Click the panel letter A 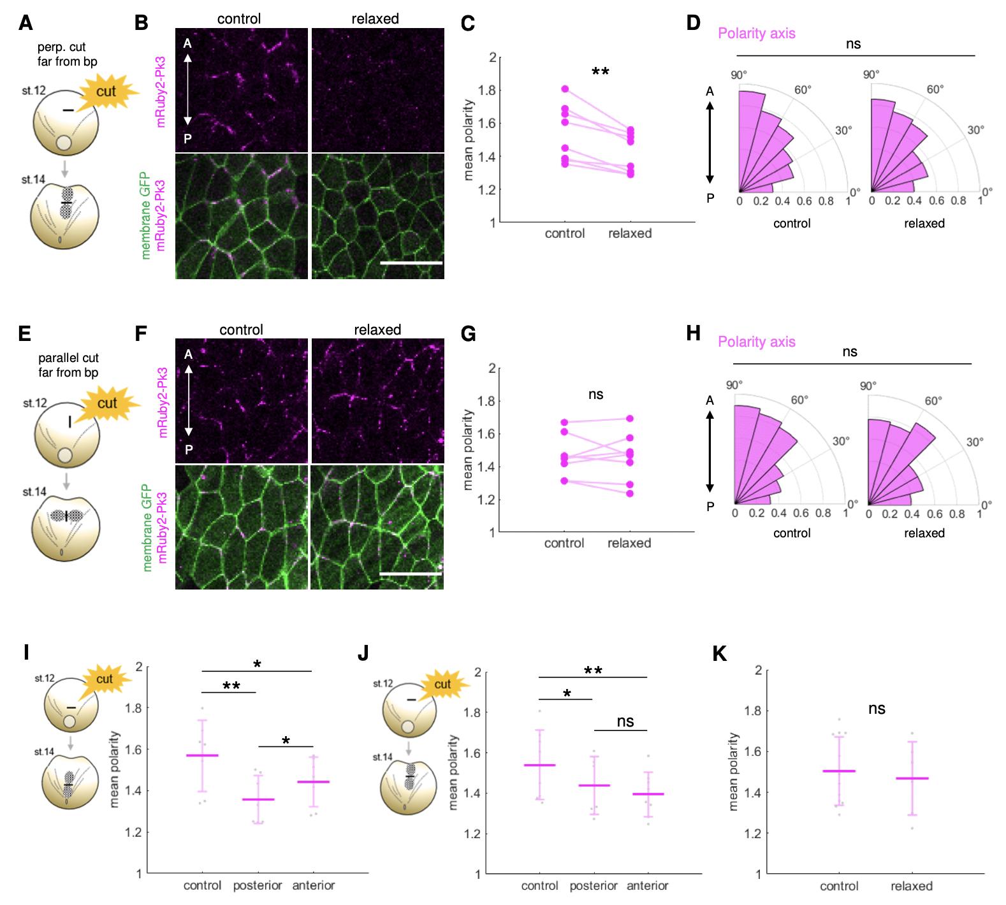click(26, 24)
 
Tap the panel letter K click(720, 655)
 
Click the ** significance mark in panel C click(600, 72)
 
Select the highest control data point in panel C click(565, 89)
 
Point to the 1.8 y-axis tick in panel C click(488, 90)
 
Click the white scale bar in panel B click(411, 262)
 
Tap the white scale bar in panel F click(411, 574)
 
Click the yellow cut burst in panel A click(106, 92)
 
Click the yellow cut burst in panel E click(108, 403)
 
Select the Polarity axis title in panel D click(757, 33)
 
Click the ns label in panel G click(595, 395)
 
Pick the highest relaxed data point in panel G click(630, 419)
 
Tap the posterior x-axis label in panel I click(258, 886)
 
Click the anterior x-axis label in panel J click(648, 886)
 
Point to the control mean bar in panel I click(202, 755)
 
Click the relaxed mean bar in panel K click(912, 778)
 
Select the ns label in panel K click(877, 709)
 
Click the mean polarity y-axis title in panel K click(734, 772)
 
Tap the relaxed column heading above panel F click(377, 329)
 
